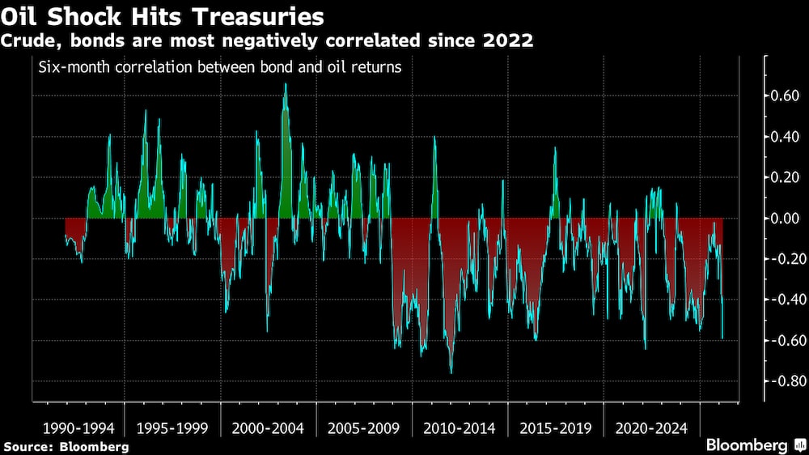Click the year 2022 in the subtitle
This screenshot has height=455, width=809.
[x=509, y=40]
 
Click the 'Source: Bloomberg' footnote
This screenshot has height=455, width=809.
[x=66, y=446]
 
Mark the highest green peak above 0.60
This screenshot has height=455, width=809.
[x=285, y=85]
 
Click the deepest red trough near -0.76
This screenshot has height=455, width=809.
[x=451, y=372]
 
